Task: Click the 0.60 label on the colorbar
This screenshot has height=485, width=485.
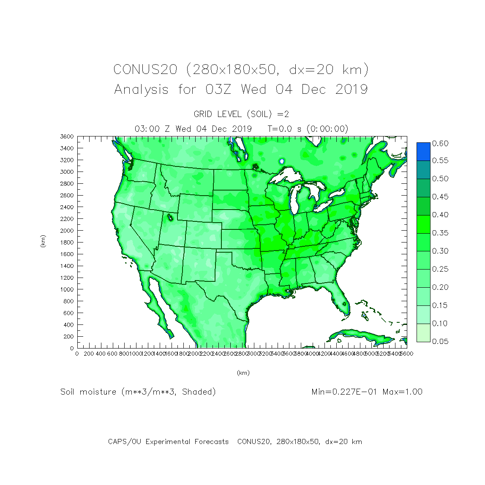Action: [x=440, y=144]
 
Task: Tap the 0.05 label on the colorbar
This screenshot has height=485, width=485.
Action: [x=440, y=341]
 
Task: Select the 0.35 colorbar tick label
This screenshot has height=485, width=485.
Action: [x=440, y=233]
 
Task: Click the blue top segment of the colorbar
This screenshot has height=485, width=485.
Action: [x=423, y=151]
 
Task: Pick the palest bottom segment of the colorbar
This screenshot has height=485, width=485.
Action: [x=423, y=332]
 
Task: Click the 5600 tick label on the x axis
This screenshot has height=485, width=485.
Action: [x=406, y=354]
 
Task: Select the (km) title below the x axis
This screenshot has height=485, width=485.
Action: [x=243, y=373]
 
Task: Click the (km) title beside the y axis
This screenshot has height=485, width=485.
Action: [x=43, y=241]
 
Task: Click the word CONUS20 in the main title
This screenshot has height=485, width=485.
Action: [x=145, y=69]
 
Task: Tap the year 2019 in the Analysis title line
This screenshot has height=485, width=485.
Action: [x=351, y=90]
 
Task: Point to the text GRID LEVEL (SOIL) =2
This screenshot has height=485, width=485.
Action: [x=241, y=114]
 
